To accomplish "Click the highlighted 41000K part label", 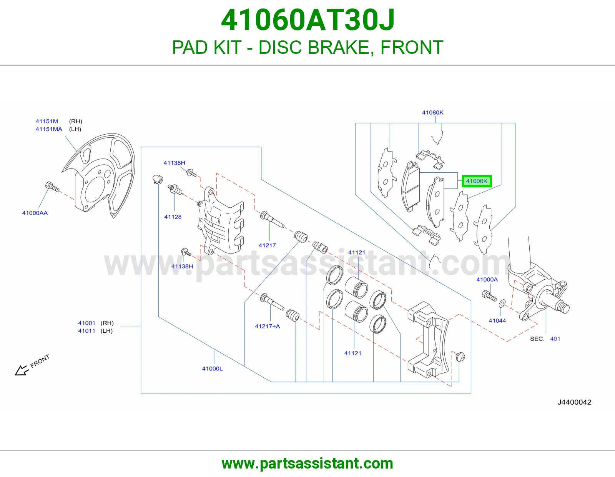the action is click(477, 181).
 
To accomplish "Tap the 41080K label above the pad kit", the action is click(433, 112).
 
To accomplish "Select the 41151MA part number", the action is click(49, 129).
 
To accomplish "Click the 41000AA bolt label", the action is click(35, 213).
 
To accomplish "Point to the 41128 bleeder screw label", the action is click(173, 217).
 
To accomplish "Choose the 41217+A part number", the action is click(268, 326).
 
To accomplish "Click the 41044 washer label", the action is click(497, 321).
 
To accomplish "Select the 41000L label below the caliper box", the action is click(212, 369).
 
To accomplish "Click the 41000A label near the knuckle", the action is click(487, 280).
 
